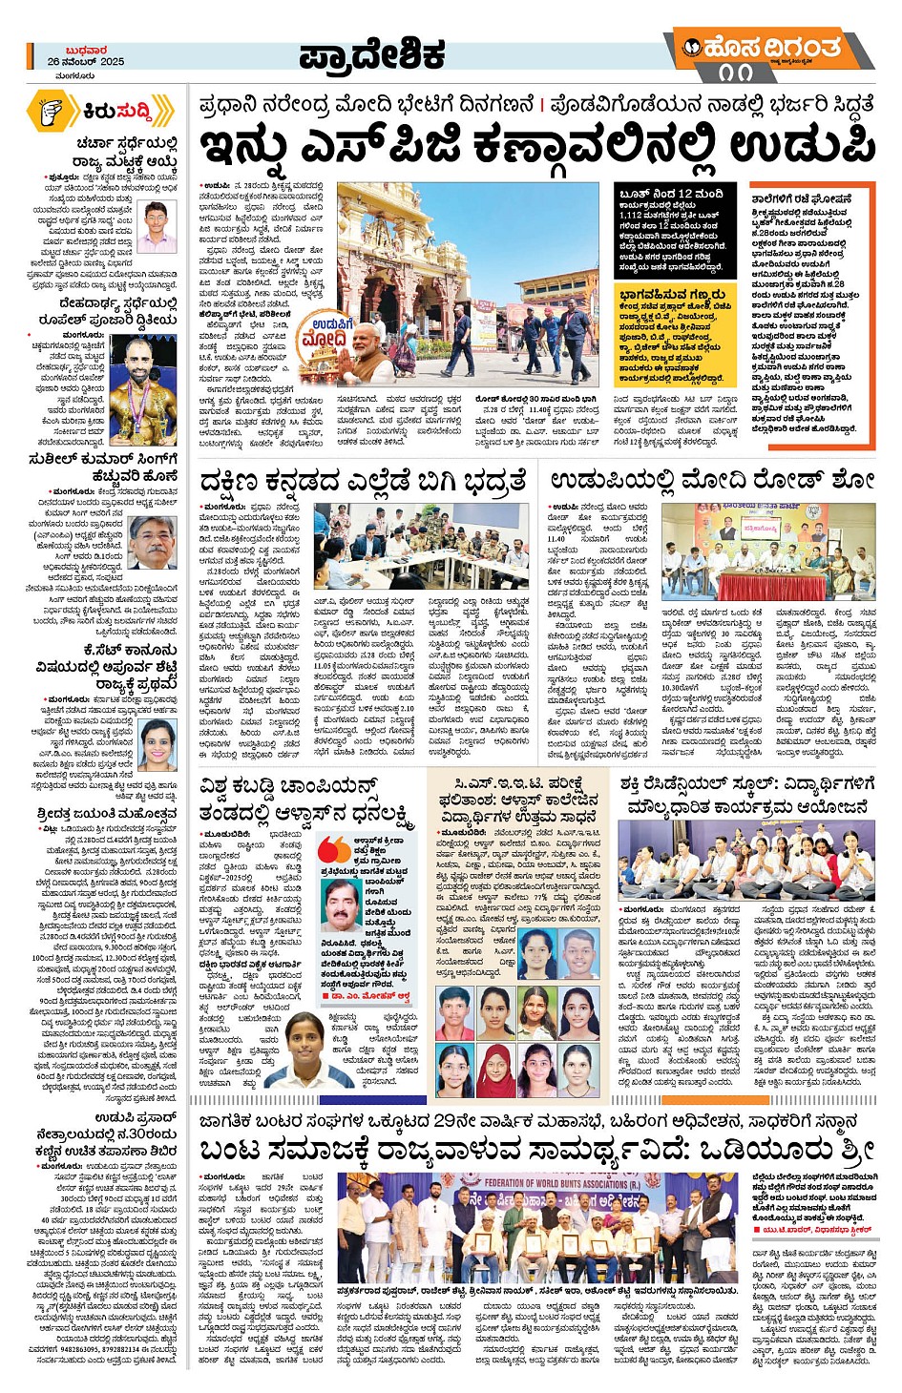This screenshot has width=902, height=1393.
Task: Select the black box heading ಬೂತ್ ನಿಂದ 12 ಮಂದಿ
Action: coord(670,194)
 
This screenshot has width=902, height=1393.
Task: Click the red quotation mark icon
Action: coord(334,847)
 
